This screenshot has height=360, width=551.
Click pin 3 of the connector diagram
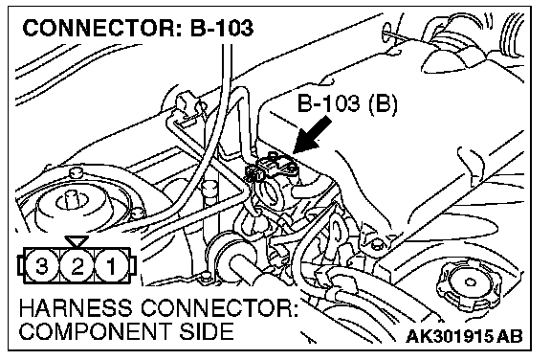42,265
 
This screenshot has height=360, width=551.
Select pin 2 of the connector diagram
77,265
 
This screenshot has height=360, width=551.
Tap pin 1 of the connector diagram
111,265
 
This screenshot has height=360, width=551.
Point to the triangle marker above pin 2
77,241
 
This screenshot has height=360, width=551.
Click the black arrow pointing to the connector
313,135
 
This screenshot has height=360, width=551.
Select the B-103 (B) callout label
347,103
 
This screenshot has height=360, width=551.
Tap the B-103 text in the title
222,28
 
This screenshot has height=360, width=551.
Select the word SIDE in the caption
207,331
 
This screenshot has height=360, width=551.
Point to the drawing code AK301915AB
465,336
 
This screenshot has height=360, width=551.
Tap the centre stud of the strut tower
75,198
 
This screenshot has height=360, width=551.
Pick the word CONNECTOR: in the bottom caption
219,308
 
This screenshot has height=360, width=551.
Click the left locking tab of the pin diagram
20,265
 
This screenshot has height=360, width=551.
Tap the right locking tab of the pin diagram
133,265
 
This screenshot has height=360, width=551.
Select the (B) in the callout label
383,104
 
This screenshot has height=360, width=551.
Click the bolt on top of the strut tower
76,172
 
